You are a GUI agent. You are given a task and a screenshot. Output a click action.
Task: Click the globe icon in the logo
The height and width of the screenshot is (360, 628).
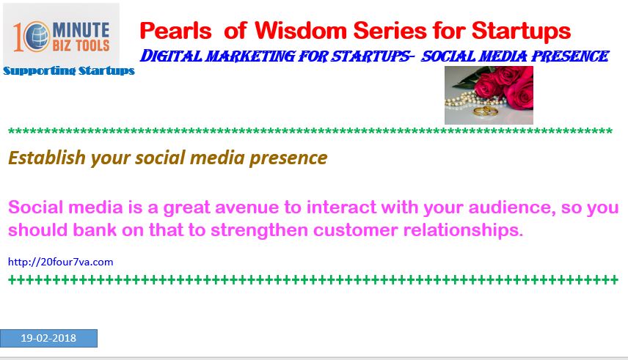[37, 37]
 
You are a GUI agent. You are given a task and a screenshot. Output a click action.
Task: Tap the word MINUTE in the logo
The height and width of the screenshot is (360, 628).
[81, 31]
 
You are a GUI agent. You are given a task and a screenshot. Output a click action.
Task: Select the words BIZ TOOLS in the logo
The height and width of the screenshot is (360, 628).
[81, 45]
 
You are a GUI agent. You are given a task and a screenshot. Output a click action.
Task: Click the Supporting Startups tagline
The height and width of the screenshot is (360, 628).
[69, 71]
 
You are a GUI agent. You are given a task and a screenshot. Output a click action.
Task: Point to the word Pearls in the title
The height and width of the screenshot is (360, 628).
[175, 31]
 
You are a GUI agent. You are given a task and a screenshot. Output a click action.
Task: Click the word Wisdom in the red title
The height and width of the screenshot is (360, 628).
[300, 31]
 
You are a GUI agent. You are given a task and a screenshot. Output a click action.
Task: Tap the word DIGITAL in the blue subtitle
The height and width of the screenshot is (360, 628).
[171, 56]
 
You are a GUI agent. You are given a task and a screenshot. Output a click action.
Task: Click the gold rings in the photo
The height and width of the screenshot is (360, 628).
[486, 111]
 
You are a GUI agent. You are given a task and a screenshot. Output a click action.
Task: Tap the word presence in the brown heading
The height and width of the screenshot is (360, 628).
[288, 158]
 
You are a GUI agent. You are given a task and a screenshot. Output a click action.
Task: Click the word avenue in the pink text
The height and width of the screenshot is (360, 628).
[247, 207]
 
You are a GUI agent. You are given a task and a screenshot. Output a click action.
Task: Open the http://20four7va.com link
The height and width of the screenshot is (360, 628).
[60, 262]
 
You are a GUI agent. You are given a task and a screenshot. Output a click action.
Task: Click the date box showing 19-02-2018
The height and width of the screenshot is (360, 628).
[48, 338]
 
